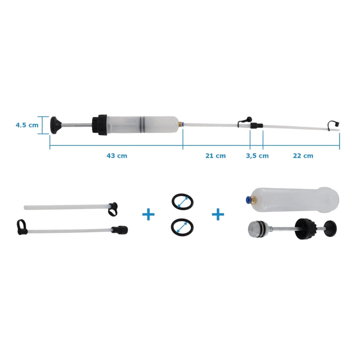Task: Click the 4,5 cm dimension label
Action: click(x=27, y=125)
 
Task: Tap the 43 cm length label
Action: click(x=117, y=156)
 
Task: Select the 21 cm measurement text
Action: click(x=215, y=156)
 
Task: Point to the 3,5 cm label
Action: click(x=257, y=156)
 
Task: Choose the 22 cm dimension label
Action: click(x=303, y=156)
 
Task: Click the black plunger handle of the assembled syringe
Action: click(x=55, y=125)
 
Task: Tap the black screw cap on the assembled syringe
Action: click(x=100, y=125)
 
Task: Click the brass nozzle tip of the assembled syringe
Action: click(x=181, y=125)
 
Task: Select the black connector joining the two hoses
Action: click(x=256, y=126)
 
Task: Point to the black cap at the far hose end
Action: click(x=333, y=125)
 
